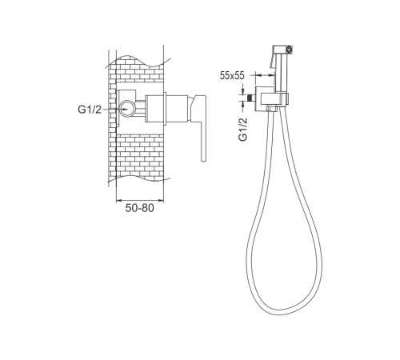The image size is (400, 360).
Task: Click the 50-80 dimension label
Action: [139, 208]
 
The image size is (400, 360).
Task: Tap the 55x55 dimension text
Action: [232, 76]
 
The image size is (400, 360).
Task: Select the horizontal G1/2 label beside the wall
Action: [90, 110]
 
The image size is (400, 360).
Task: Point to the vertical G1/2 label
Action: [243, 129]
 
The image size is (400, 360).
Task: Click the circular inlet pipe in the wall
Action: [127, 109]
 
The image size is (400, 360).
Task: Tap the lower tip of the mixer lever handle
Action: [203, 160]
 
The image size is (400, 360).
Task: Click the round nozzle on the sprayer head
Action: [289, 50]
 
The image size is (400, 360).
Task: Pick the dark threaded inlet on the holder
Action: [251, 98]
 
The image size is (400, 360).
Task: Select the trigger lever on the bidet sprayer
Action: [272, 61]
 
